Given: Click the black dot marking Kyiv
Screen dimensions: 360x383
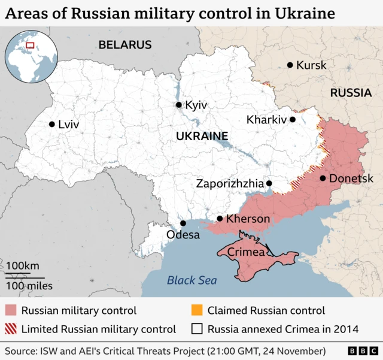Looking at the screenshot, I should coord(178,105).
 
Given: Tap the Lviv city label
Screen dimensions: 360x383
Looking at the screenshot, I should coord(68,125).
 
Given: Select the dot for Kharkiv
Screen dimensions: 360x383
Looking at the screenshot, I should coord(293,119).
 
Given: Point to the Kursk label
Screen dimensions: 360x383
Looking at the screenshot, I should coord(312,65).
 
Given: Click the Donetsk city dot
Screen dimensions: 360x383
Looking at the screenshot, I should coord(323,178).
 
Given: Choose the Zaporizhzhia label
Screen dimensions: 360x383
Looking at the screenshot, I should coord(229,183).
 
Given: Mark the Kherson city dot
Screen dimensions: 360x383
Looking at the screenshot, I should coord(220,219).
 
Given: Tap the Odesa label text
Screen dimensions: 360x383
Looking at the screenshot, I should coord(183,235).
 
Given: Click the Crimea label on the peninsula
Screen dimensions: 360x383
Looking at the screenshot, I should coord(246,253).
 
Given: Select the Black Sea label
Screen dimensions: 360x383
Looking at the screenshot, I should coord(191,280).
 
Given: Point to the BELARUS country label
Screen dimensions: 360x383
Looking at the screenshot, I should coord(125,44).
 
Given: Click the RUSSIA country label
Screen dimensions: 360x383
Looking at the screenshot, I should coord(351,93).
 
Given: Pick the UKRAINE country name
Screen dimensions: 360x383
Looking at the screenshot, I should coord(202,136).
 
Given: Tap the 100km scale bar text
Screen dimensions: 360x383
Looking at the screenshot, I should coord(23,265).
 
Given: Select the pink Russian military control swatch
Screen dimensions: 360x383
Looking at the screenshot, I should coord(11,311).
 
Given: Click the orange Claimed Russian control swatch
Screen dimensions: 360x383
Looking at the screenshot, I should coord(197,311).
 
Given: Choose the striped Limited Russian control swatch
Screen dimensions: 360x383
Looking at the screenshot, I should coord(11,329).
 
